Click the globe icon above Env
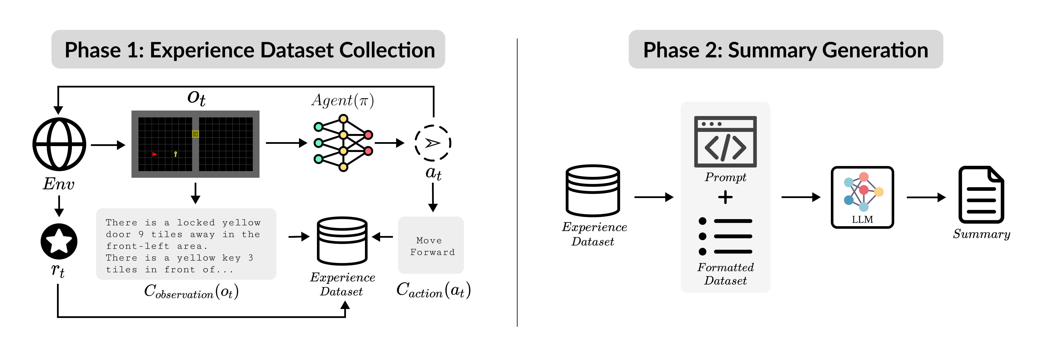[59, 144]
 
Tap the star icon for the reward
[59, 241]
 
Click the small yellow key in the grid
[175, 154]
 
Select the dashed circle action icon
[433, 143]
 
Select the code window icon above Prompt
[725, 142]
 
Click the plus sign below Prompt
[725, 197]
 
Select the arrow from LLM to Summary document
[926, 197]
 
